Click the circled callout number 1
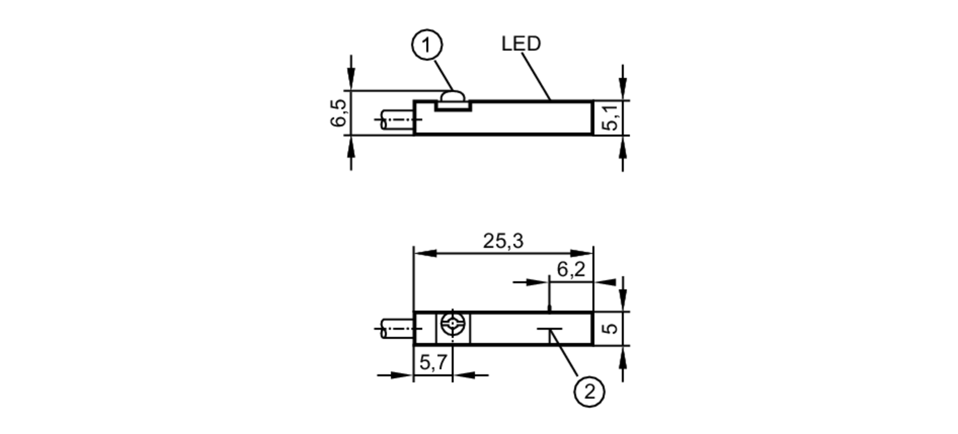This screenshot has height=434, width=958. [x=427, y=45]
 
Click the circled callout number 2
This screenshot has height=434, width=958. [x=589, y=392]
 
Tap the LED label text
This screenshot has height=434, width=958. [x=521, y=44]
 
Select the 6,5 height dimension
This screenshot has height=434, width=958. [x=338, y=113]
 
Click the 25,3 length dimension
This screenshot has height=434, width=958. [x=503, y=241]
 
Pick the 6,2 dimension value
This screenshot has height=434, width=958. [x=571, y=270]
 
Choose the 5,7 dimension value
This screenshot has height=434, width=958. [x=433, y=362]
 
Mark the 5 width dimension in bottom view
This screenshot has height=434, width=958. [x=611, y=328]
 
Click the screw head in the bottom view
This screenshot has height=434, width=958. [x=453, y=324]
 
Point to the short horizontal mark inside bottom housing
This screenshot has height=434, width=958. [x=550, y=329]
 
